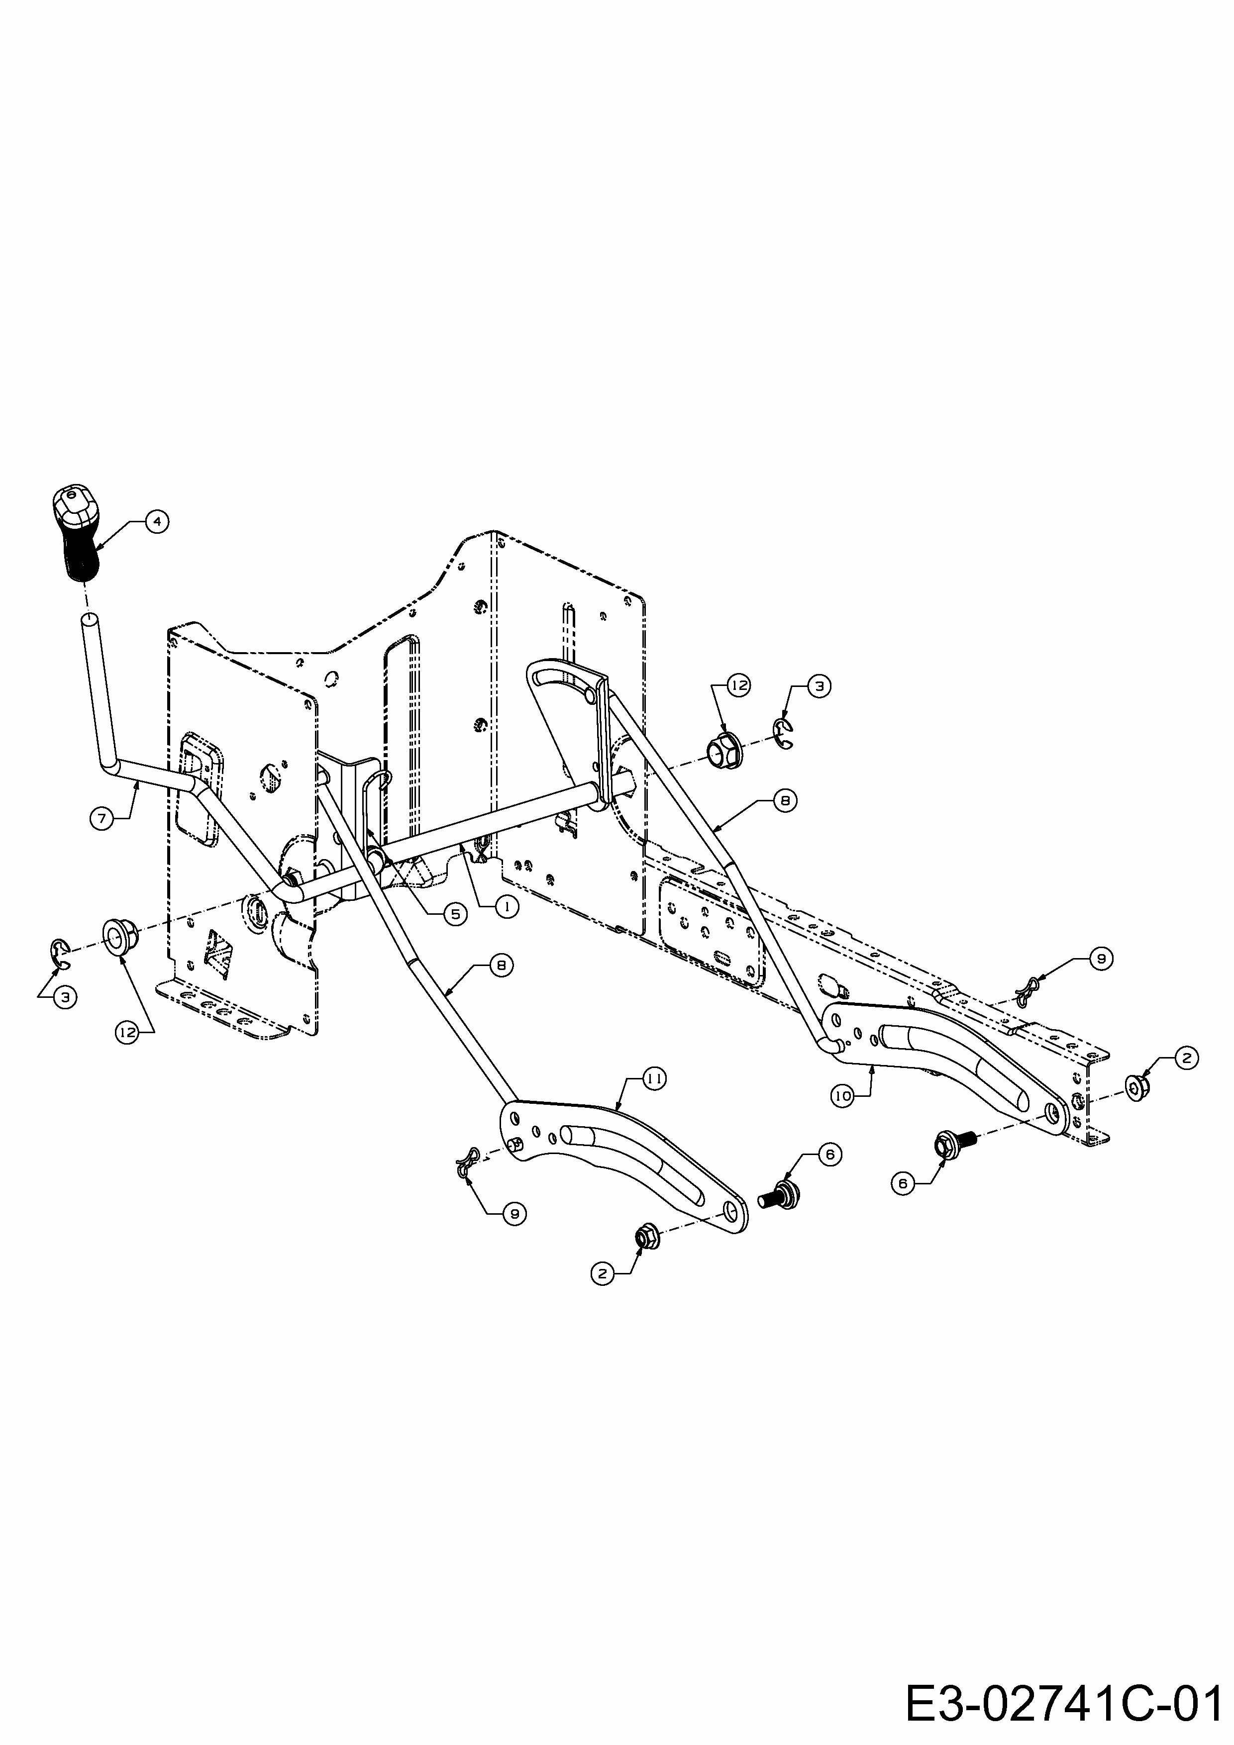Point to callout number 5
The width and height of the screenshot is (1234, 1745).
click(455, 914)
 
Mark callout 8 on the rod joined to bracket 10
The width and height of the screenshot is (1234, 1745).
click(785, 801)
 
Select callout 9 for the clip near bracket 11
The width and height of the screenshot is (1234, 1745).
click(514, 1214)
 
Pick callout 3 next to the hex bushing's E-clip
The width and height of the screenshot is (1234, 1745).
click(818, 685)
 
